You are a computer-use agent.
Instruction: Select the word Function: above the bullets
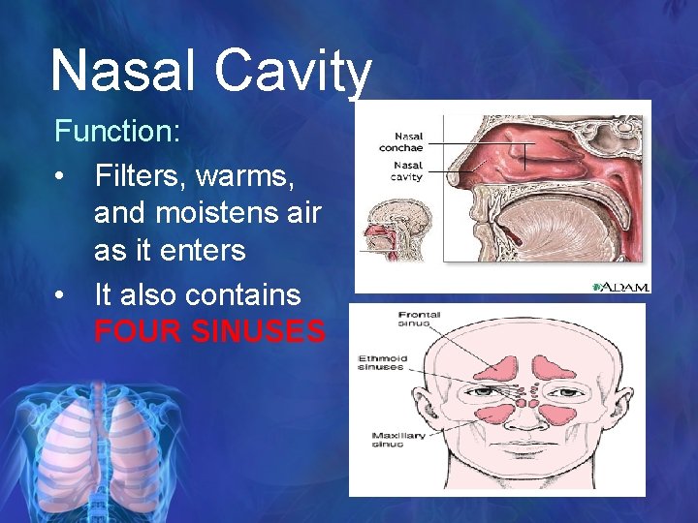117,130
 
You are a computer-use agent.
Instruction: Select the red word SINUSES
259,332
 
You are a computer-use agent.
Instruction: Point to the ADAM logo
620,286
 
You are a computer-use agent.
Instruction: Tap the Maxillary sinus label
398,442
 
